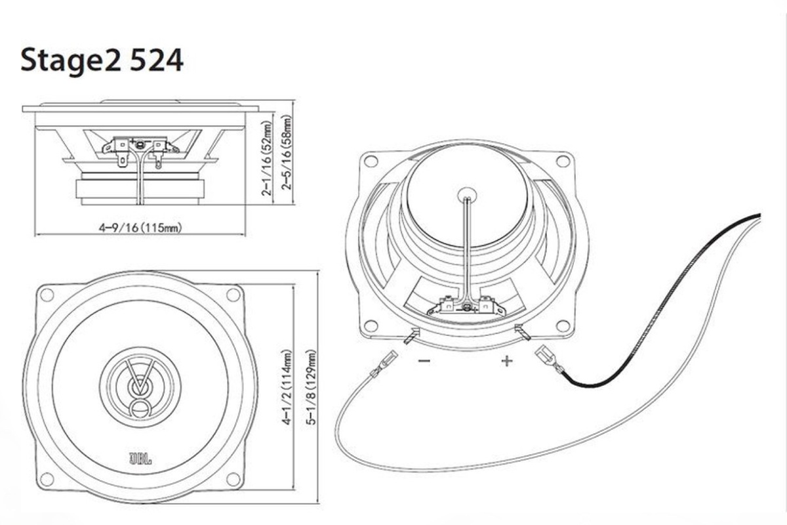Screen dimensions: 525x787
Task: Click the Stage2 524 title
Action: coord(102,61)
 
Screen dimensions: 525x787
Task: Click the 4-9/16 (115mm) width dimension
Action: coord(140,228)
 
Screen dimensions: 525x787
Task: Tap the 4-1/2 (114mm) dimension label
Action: coord(287,388)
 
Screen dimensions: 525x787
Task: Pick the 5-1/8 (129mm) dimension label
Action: coord(311,387)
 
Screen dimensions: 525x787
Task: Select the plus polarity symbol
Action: coord(506,361)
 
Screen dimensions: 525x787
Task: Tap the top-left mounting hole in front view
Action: coord(47,295)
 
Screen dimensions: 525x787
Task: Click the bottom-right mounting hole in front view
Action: coord(233,478)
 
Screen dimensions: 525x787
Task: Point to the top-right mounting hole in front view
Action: coord(233,295)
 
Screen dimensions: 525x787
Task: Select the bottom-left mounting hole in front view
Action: coord(47,478)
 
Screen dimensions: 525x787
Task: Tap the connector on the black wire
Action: coord(546,360)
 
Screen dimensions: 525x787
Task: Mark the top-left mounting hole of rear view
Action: coord(371,161)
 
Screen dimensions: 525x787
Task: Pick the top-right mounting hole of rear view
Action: coord(563,160)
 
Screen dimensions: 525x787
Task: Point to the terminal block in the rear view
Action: coord(466,305)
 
